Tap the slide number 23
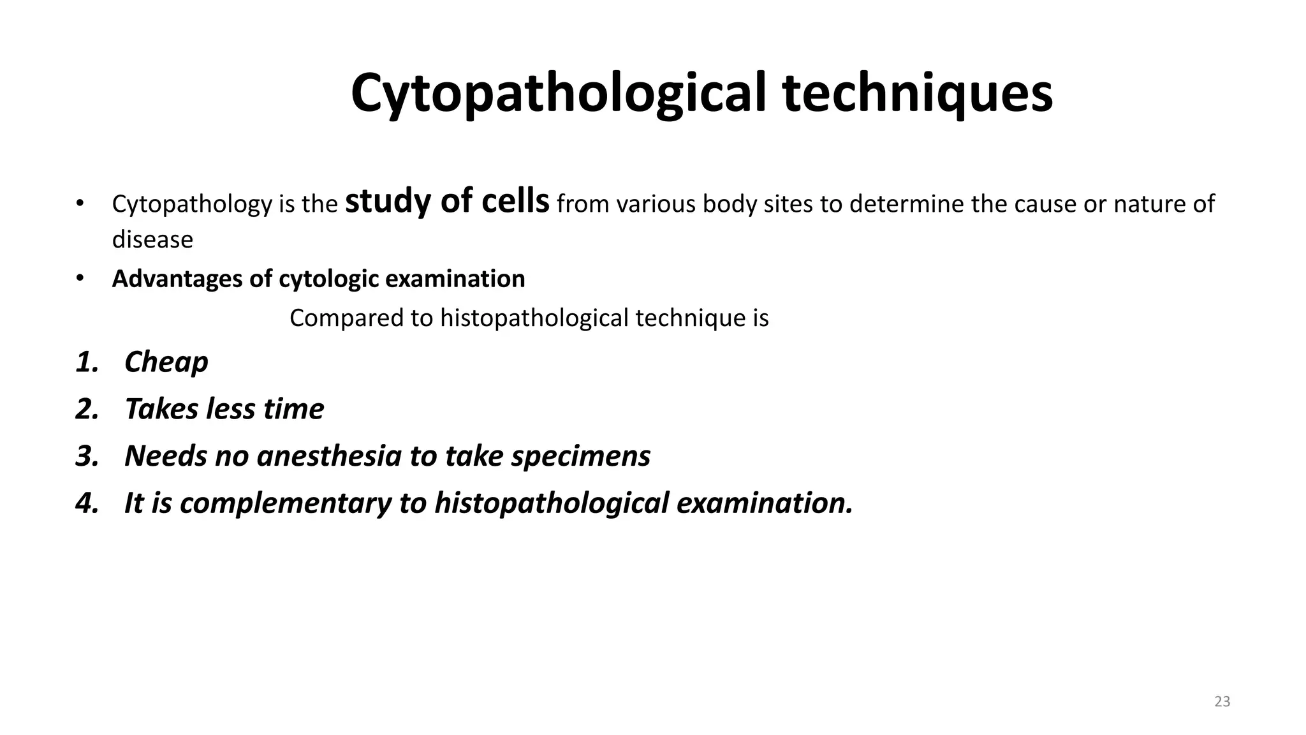1222,701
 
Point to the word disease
152,240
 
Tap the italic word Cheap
166,362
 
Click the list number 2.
87,409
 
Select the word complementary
285,503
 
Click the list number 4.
87,503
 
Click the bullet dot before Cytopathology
79,204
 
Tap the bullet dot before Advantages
79,279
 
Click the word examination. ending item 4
764,503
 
